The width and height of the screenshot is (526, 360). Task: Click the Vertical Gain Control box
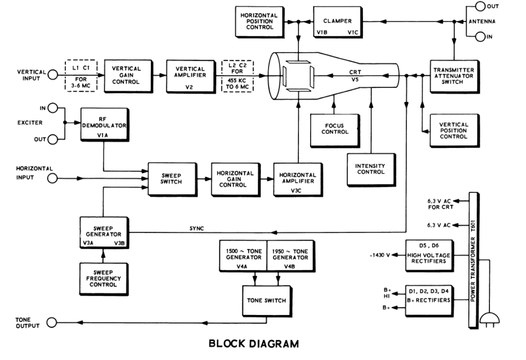pos(126,75)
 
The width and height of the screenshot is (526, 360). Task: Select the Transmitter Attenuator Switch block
pos(454,75)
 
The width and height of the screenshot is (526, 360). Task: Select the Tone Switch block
pos(266,300)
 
